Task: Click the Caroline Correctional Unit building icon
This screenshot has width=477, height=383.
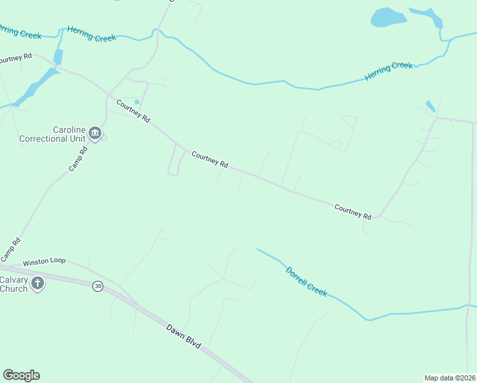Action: point(95,133)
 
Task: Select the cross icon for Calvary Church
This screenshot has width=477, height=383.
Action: point(38,283)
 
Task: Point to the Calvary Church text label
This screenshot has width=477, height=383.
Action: point(13,283)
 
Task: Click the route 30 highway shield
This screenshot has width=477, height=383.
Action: point(98,286)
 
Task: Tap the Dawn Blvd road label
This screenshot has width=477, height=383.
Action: point(184,336)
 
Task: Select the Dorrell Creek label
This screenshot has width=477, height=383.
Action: point(306,281)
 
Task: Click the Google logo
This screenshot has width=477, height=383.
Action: point(21,375)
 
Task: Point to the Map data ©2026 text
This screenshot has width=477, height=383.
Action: point(450,377)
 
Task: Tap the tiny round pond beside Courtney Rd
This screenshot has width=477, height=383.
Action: point(136,101)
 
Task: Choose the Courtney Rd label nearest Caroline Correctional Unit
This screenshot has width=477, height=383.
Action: point(133,110)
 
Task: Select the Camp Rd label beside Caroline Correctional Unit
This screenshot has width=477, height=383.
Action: point(78,160)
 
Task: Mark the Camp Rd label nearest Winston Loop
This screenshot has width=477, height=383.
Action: point(11,249)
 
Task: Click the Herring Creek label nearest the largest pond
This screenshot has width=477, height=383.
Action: point(388,71)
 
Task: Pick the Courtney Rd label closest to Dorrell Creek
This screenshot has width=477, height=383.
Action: point(353,211)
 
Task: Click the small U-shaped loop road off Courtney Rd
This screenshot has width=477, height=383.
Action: point(173,161)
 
